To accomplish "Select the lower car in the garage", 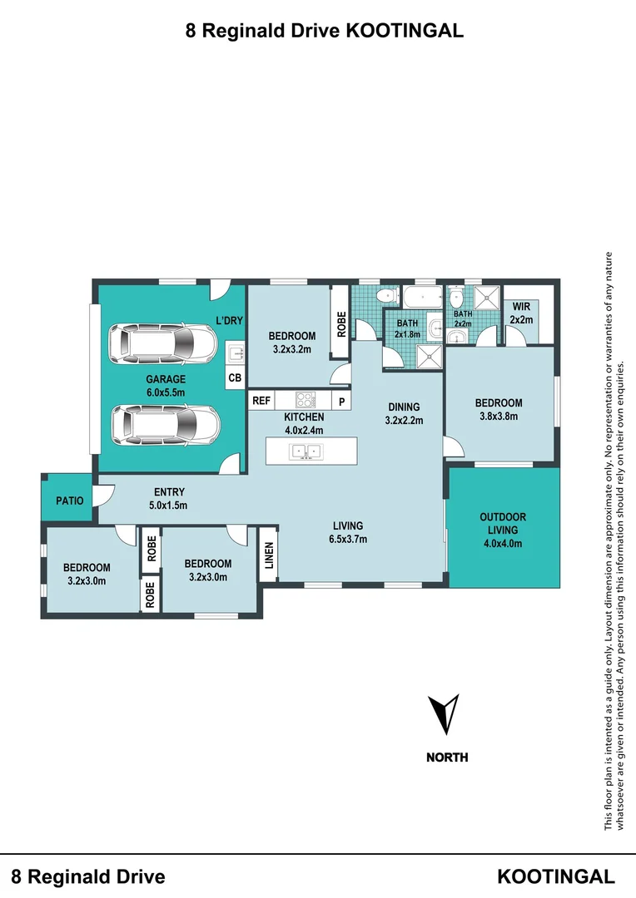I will pyautogui.click(x=166, y=424).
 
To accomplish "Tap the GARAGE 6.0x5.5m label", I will pyautogui.click(x=166, y=385).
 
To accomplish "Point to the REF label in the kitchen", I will pyautogui.click(x=261, y=401).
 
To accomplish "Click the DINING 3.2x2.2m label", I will pyautogui.click(x=404, y=413).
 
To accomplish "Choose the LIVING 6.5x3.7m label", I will pyautogui.click(x=348, y=532).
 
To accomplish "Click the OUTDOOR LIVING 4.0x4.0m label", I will pyautogui.click(x=503, y=530).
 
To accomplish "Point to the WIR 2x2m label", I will pyautogui.click(x=521, y=313).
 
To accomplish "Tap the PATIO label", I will pyautogui.click(x=69, y=501).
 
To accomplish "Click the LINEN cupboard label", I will pyautogui.click(x=268, y=555).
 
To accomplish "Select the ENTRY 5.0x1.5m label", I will pyautogui.click(x=169, y=498).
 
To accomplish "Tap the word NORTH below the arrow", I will pyautogui.click(x=447, y=757).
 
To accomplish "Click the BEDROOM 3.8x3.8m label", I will pyautogui.click(x=499, y=410).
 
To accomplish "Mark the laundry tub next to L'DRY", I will pyautogui.click(x=236, y=353).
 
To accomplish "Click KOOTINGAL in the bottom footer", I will pyautogui.click(x=556, y=876).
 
